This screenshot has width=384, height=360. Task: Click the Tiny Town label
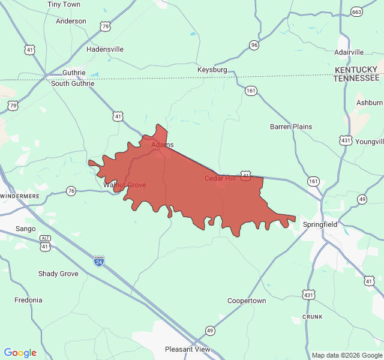point(64,4)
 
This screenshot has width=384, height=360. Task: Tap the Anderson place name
point(71,21)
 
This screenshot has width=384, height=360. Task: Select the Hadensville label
point(105,49)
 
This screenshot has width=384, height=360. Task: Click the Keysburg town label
point(212,70)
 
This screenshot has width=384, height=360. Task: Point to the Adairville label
point(349,53)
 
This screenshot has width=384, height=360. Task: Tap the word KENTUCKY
point(356,70)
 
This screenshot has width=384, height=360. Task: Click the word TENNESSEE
point(356,78)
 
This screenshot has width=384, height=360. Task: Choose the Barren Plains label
point(291,127)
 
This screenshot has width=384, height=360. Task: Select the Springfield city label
point(320,224)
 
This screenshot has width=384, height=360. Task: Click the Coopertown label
point(247,301)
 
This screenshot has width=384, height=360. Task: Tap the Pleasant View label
point(188,349)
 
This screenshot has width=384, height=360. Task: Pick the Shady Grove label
point(58,274)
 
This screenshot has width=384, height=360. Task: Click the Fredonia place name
point(28,300)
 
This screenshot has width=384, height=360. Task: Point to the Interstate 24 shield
point(98,261)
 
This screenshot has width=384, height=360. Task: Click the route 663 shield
point(357,12)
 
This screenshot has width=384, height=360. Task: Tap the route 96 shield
point(254,45)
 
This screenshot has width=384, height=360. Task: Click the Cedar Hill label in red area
point(220,178)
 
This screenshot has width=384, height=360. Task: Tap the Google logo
point(20,353)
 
